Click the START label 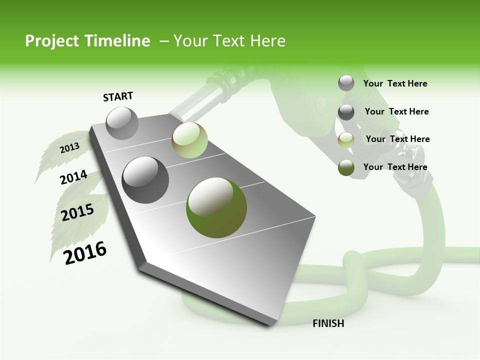coord(118,96)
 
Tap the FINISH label coord(328,323)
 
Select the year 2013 coord(69,148)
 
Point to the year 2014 coord(73,177)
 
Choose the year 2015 coord(77,212)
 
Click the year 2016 coord(85,252)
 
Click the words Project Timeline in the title coord(87,41)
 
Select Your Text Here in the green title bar coord(229,41)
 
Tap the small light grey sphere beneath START coord(122,123)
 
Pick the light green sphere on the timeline coord(189,140)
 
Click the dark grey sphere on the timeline coord(145,179)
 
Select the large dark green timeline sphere coord(216,207)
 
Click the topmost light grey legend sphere coord(346,83)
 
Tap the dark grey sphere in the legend coord(346,112)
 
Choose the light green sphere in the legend coord(346,140)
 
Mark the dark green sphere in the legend coord(346,167)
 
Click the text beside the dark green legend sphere coord(395,167)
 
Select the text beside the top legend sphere coord(395,83)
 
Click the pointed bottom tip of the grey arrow coord(270,324)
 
